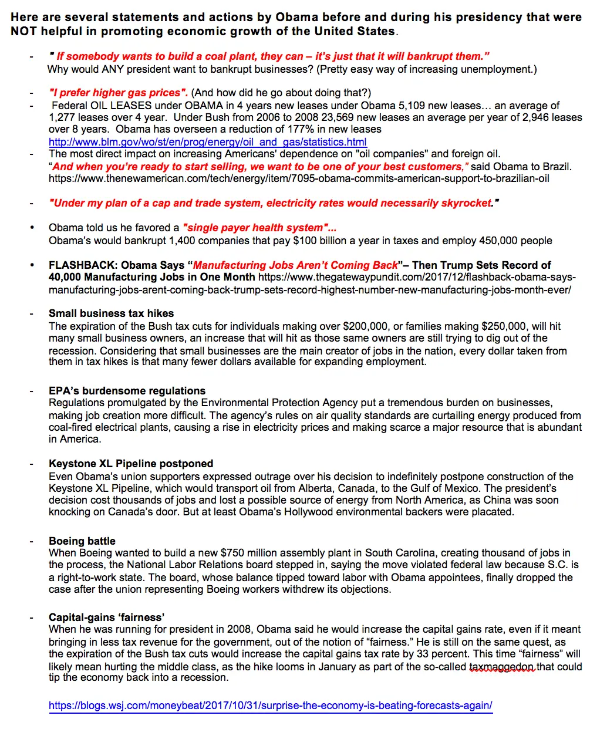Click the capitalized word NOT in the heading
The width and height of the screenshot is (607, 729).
pyautogui.click(x=23, y=31)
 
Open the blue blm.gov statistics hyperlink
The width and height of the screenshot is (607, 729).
pyautogui.click(x=207, y=142)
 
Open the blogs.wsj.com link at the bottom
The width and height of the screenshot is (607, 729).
pyautogui.click(x=270, y=705)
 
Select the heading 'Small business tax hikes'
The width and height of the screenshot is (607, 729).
pyautogui.click(x=111, y=313)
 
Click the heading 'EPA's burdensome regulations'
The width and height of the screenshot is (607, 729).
pyautogui.click(x=127, y=391)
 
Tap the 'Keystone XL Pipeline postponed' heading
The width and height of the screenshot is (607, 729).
pyautogui.click(x=131, y=464)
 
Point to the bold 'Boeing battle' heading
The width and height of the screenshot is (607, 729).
pyautogui.click(x=82, y=541)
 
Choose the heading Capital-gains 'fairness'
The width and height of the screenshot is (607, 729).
pyautogui.click(x=106, y=617)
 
